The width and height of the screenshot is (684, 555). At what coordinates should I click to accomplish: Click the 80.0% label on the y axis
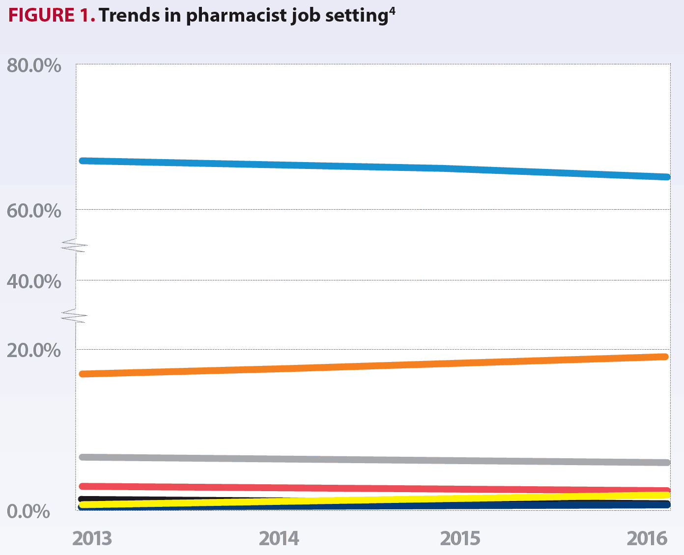click(34, 66)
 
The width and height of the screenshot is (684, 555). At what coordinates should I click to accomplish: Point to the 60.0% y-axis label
click(34, 211)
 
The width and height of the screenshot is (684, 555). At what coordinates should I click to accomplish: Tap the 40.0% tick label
click(34, 282)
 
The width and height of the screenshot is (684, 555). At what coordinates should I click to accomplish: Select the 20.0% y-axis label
click(34, 350)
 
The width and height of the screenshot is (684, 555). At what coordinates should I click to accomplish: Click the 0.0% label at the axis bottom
click(28, 511)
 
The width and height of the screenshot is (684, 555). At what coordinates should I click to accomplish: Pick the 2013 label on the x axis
click(92, 538)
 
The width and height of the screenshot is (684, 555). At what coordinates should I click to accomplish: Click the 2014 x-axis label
click(279, 538)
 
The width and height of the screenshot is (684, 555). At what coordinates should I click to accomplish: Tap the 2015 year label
click(460, 538)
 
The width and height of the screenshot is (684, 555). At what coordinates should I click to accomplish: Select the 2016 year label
click(647, 538)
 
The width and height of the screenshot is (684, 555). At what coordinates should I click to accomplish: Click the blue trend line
click(374, 167)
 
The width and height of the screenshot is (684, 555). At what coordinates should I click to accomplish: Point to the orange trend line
click(374, 365)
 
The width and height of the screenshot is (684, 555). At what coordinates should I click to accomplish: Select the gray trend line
click(374, 460)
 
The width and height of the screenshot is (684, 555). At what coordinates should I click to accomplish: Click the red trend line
click(374, 488)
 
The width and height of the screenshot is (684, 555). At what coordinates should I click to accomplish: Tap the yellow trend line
click(374, 500)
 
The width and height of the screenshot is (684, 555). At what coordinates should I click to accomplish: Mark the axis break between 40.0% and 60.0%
click(74, 246)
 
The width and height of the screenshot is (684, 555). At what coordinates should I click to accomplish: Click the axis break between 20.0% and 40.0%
click(74, 316)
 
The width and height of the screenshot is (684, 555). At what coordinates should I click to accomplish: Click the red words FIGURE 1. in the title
click(52, 15)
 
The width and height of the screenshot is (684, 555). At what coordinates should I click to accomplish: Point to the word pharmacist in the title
click(236, 16)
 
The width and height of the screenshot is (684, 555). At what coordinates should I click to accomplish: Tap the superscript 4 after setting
click(392, 12)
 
